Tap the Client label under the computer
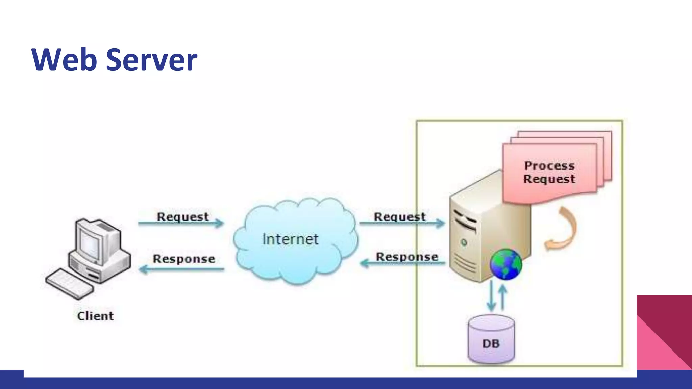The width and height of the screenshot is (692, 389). click(95, 316)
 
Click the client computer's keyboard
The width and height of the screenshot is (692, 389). click(69, 284)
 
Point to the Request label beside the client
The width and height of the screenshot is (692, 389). click(182, 217)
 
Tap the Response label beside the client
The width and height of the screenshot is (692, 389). click(184, 259)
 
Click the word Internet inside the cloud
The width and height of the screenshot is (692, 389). click(290, 239)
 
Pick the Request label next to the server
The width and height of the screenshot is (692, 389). click(399, 217)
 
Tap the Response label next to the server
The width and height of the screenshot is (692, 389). click(407, 257)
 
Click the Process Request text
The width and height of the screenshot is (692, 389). click(549, 172)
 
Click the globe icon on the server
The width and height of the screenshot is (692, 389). click(506, 264)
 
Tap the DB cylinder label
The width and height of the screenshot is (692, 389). click(491, 344)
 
